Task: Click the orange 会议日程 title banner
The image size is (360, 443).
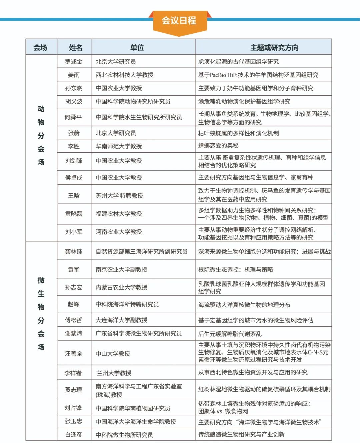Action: pyautogui.click(x=179, y=21)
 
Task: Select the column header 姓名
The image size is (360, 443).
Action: pyautogui.click(x=75, y=48)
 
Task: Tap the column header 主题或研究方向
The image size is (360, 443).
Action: pyautogui.click(x=274, y=48)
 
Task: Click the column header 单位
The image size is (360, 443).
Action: pyautogui.click(x=137, y=48)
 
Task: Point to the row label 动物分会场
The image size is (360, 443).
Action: pyautogui.click(x=41, y=135)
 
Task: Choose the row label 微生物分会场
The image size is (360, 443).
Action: pyautogui.click(x=41, y=313)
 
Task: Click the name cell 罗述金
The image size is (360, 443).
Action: pyautogui.click(x=74, y=62)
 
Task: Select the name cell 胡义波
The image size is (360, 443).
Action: pyautogui.click(x=74, y=101)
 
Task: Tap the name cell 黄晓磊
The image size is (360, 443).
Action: pyautogui.click(x=74, y=214)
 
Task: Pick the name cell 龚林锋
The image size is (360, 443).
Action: pyautogui.click(x=74, y=252)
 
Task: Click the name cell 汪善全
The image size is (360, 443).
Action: pyautogui.click(x=74, y=353)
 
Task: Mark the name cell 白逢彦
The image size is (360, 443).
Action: pyautogui.click(x=74, y=435)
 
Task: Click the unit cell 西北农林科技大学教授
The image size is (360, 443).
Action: pyautogui.click(x=125, y=75)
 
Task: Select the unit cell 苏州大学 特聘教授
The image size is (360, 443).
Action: pyautogui.click(x=119, y=196)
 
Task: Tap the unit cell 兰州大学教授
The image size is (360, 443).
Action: pyautogui.click(x=114, y=373)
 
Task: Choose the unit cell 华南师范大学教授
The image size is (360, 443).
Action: pyautogui.click(x=119, y=146)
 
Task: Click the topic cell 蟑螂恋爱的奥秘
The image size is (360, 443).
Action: pyautogui.click(x=218, y=146)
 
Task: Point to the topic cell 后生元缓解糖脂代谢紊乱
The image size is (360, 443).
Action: pyautogui.click(x=230, y=334)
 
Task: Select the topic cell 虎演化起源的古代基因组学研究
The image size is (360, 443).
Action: pyautogui.click(x=238, y=62)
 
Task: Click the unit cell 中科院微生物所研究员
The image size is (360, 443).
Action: pyautogui.click(x=124, y=435)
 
